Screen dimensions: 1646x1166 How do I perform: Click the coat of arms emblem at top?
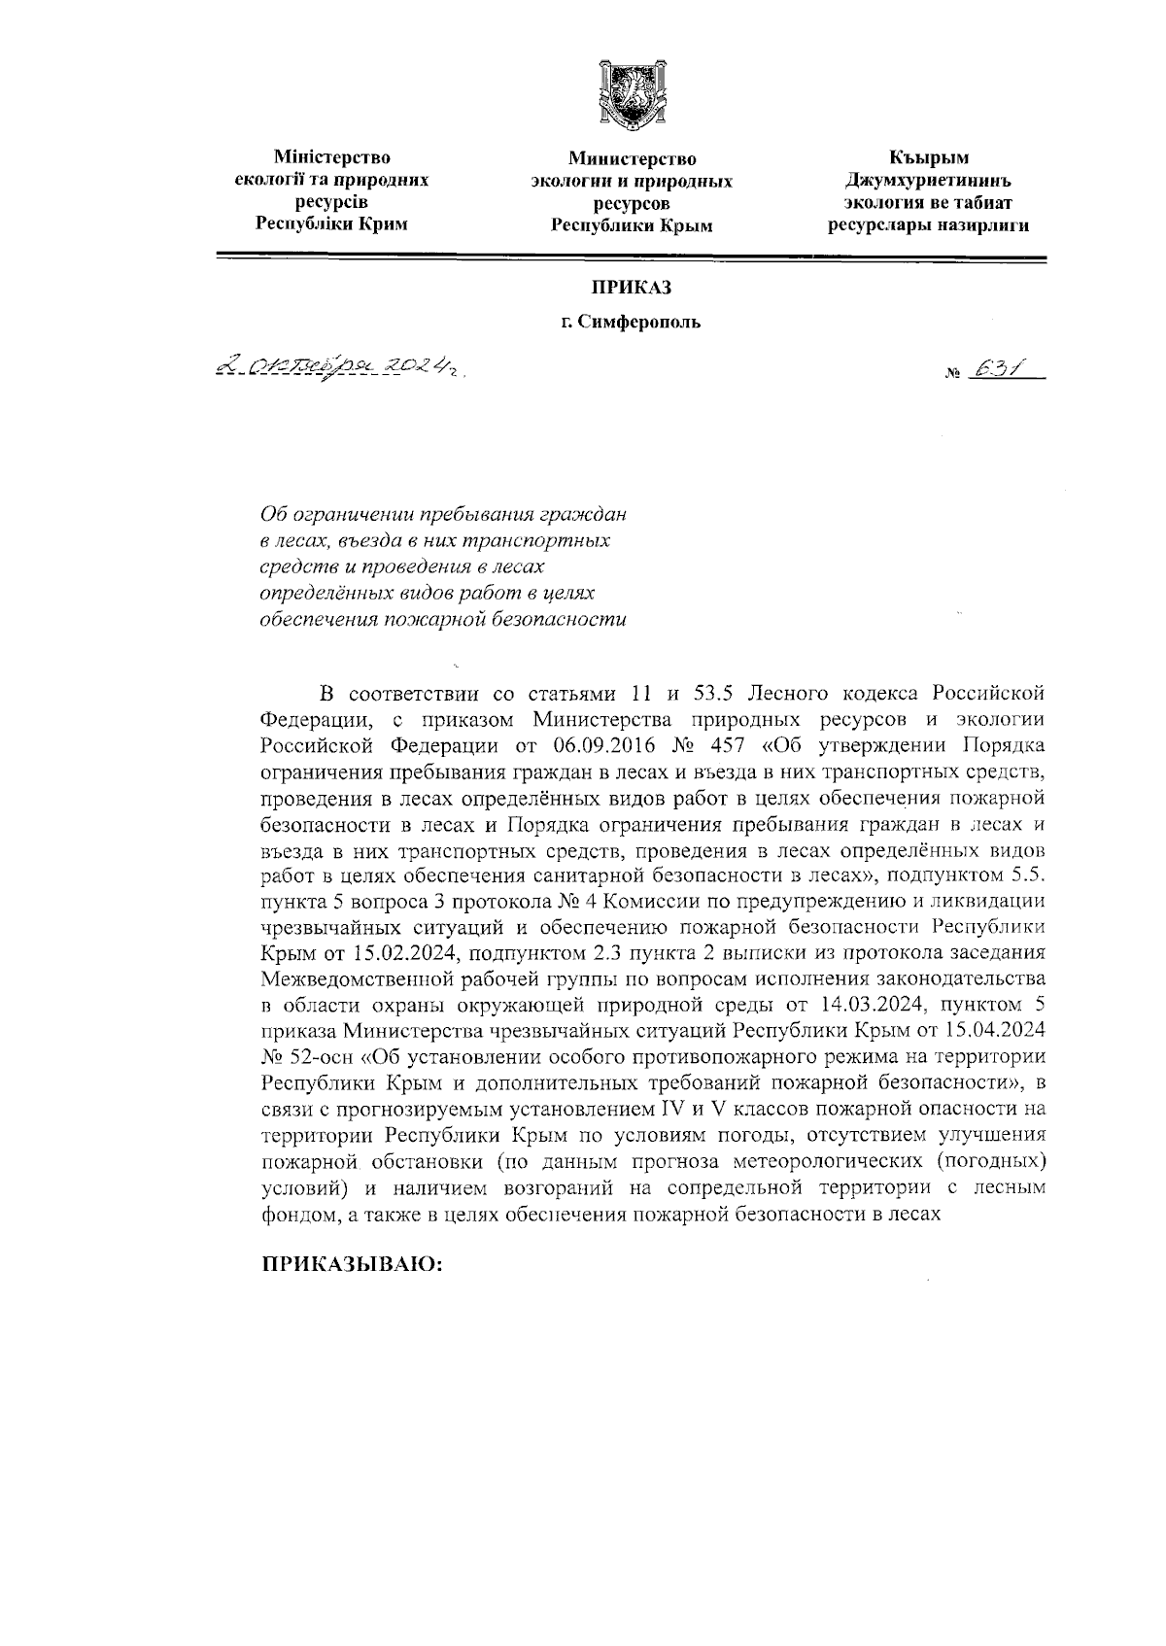(x=632, y=94)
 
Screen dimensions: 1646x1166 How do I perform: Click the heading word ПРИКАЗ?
(x=632, y=289)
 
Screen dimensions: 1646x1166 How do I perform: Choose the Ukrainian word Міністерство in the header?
(x=331, y=157)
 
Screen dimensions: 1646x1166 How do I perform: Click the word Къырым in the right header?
(x=929, y=157)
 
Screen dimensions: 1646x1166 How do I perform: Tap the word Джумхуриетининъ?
(x=928, y=181)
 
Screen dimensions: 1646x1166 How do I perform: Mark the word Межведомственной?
(x=360, y=977)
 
